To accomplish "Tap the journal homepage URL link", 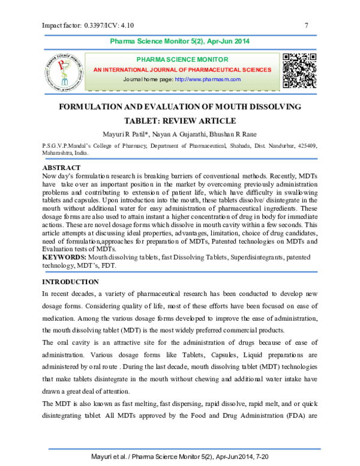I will click(x=208, y=79).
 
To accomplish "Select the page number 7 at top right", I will click(x=307, y=25).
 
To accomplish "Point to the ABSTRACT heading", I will click(x=62, y=167).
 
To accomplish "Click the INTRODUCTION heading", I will click(x=70, y=282).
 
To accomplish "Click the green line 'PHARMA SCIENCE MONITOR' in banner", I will click(x=182, y=60).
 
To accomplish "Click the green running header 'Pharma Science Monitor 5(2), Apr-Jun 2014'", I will click(x=180, y=41).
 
